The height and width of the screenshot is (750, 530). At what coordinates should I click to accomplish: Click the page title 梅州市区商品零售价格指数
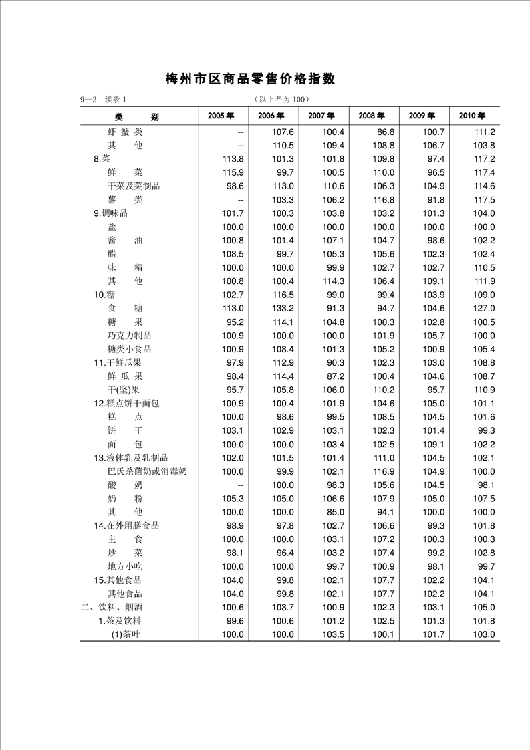click(250, 80)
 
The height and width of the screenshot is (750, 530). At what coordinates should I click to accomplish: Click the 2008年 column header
click(371, 116)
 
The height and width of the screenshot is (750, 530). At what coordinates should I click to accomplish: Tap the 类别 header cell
click(136, 117)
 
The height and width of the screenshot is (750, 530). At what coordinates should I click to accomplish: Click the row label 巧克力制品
click(129, 336)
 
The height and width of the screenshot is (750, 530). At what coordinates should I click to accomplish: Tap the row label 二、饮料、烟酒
click(110, 607)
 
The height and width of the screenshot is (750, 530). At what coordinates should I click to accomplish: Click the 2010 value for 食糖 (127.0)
click(483, 308)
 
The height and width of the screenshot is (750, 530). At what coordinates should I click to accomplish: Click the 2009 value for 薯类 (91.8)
click(434, 200)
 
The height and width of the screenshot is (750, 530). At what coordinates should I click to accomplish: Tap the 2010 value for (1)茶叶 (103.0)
click(483, 634)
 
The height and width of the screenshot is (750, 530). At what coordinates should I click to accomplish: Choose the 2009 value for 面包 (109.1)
click(433, 445)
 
